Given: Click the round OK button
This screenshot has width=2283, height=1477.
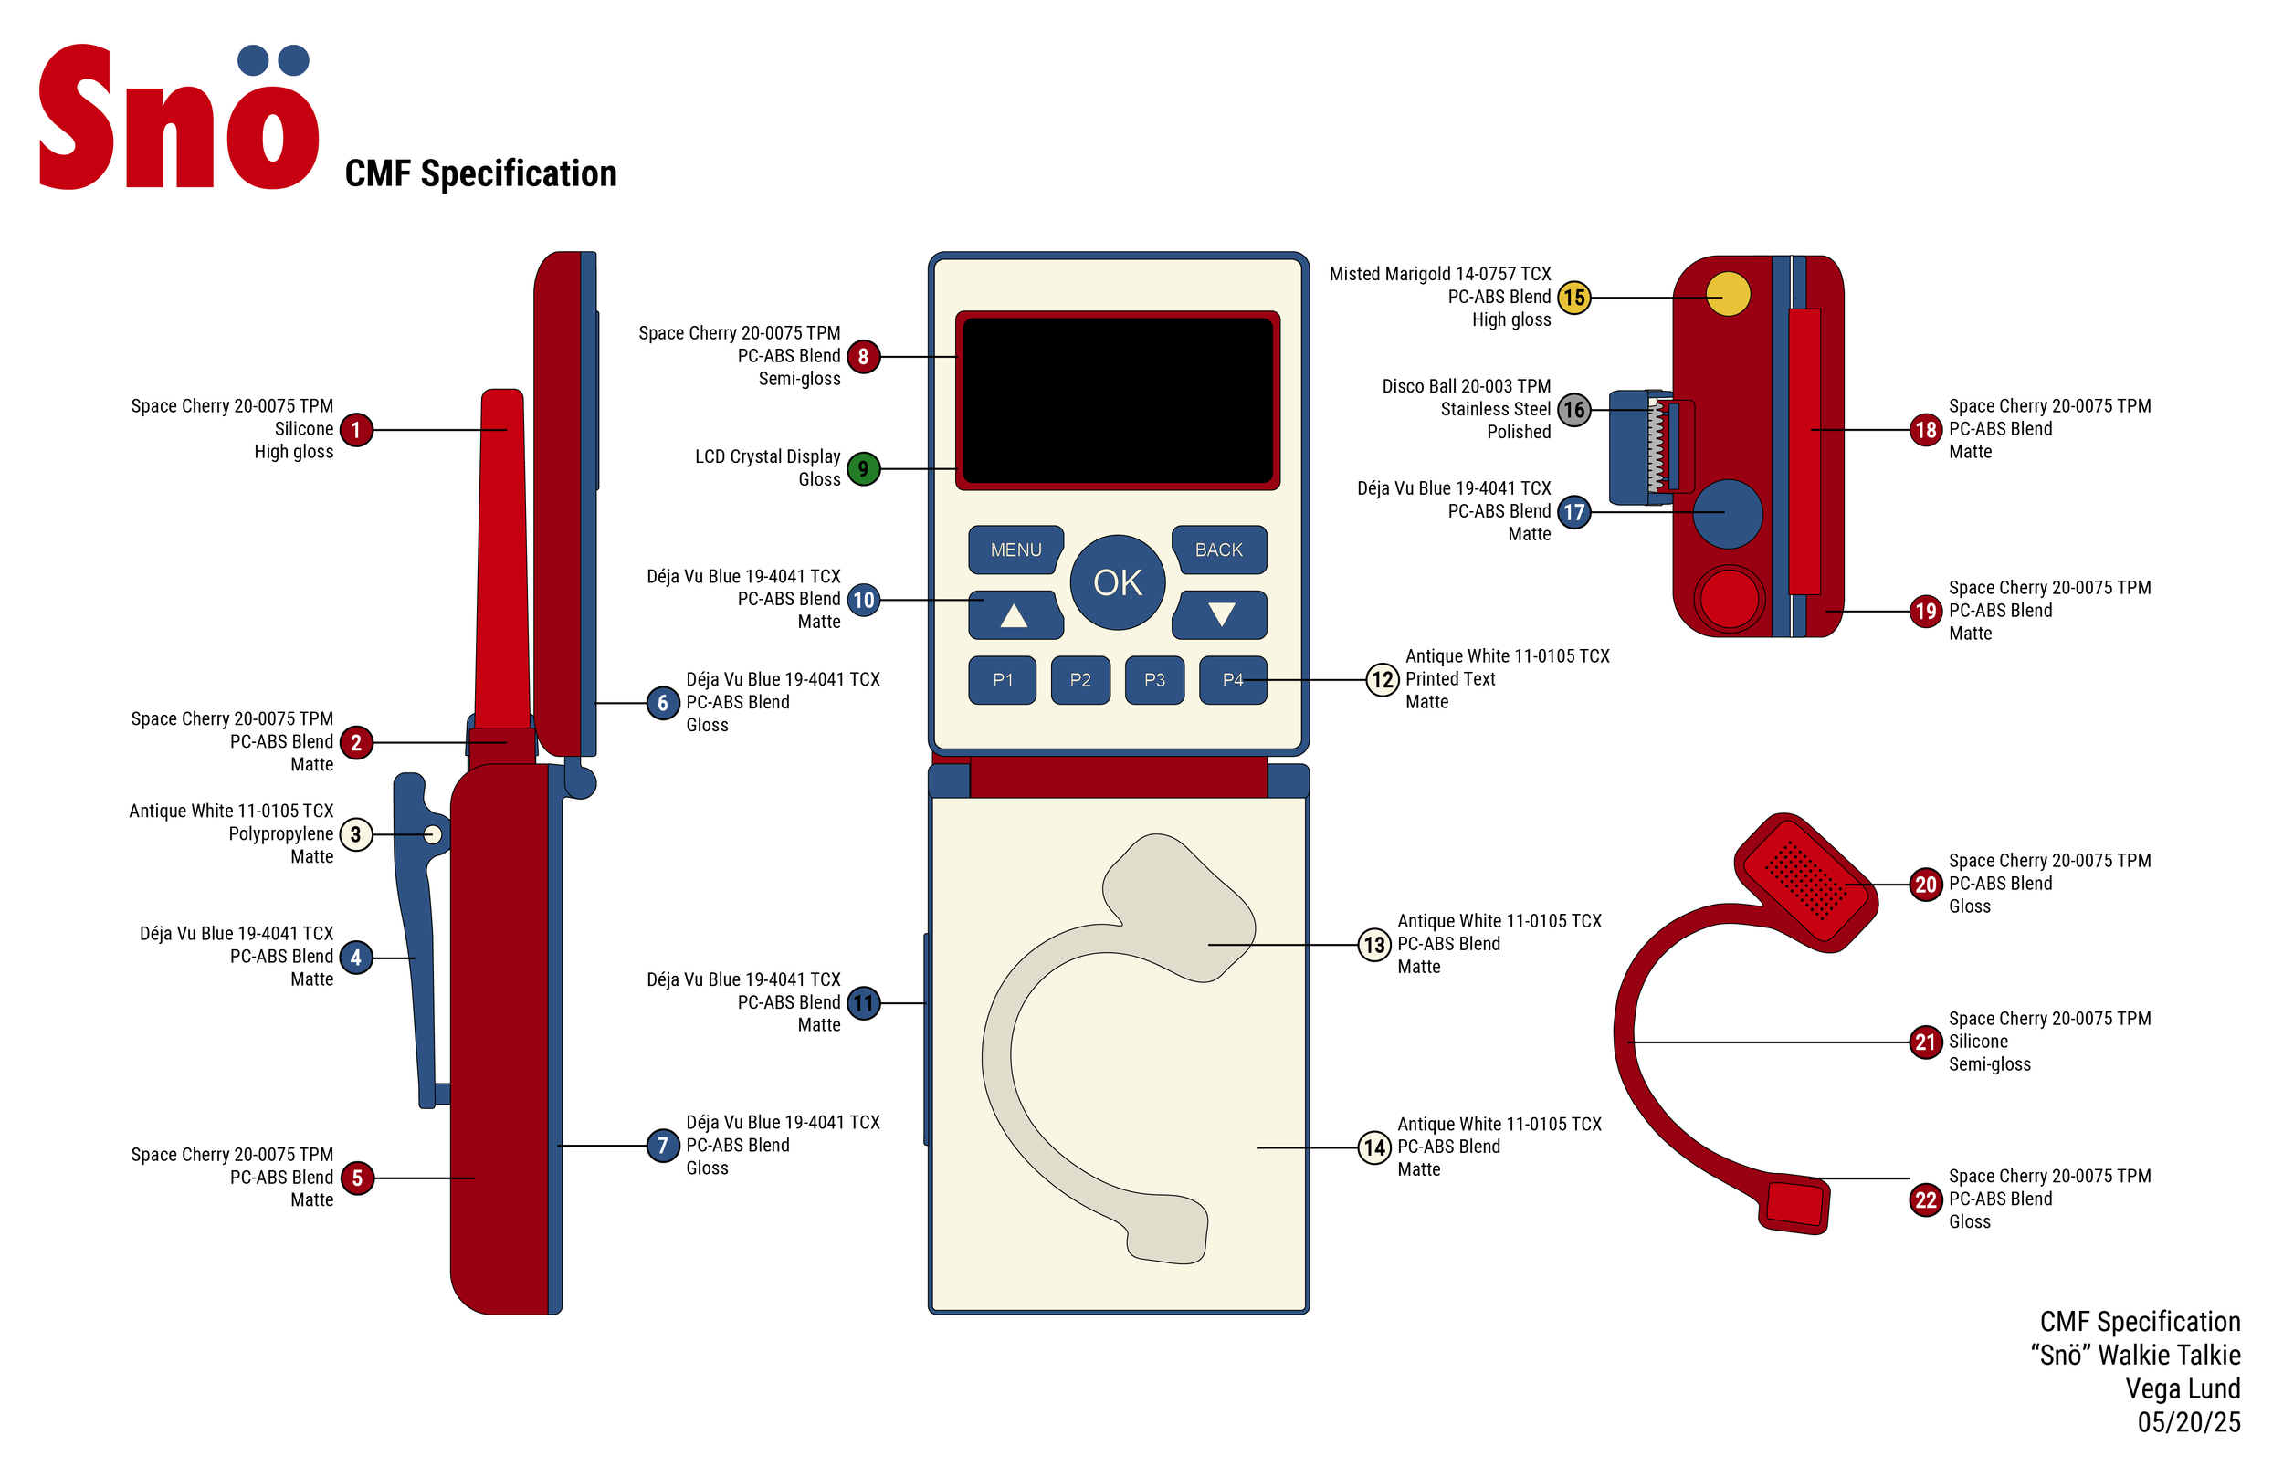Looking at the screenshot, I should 1118,582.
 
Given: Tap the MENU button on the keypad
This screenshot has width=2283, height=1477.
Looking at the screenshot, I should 1015,550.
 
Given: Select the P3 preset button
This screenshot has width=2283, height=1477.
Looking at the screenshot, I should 1154,680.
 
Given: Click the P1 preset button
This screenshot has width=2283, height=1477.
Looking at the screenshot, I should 1003,680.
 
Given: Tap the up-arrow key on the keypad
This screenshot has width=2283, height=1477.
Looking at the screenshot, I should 1014,614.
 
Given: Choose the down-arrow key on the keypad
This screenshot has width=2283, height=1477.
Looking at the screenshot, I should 1220,614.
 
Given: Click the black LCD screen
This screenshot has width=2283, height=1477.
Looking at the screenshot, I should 1118,400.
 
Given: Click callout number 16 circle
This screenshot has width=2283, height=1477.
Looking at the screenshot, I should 1573,410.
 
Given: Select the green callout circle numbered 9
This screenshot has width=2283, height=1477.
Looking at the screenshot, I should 863,469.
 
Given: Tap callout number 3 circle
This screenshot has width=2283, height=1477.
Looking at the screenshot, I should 356,834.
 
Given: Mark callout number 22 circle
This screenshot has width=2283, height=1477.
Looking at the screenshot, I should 1925,1199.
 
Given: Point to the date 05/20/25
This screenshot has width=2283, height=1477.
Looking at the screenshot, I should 2188,1421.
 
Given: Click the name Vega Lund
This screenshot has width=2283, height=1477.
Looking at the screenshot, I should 2183,1388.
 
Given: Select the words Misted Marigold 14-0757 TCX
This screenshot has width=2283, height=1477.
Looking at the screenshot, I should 1439,274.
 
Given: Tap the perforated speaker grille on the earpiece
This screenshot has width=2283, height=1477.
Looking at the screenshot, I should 1806,880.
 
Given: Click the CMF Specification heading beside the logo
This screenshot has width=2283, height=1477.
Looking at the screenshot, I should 480,173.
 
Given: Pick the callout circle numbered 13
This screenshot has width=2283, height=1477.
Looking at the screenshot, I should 1373,945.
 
